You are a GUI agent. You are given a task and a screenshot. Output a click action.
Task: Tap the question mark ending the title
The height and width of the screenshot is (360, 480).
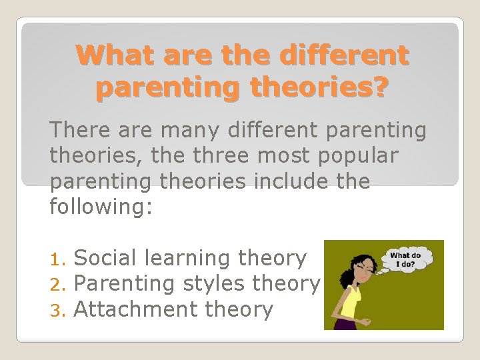pyautogui.click(x=377, y=87)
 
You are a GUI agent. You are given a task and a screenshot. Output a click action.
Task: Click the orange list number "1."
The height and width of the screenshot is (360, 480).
pyautogui.click(x=59, y=259)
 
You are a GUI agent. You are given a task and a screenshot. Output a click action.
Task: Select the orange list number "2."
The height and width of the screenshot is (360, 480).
pyautogui.click(x=59, y=284)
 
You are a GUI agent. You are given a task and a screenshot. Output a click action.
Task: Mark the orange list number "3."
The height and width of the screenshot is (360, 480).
pyautogui.click(x=59, y=309)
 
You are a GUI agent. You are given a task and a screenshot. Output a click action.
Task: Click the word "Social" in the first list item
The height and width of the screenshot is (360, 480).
pyautogui.click(x=105, y=257)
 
